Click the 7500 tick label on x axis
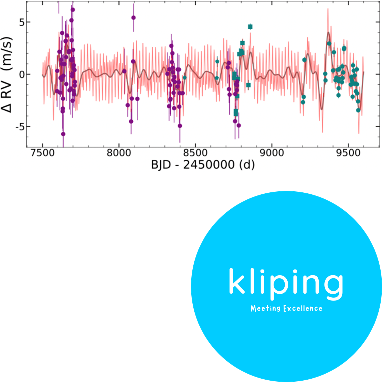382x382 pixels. pos(43,153)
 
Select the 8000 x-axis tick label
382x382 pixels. pos(119,153)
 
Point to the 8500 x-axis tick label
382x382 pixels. pos(195,153)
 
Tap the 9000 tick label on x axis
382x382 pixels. pos(272,153)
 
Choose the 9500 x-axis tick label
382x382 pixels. pos(348,153)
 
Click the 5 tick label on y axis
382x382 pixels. pos(22,22)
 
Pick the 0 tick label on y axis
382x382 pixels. pos(22,74)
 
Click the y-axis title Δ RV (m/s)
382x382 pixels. pos(7,74)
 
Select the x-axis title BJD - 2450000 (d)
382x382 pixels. pos(203,165)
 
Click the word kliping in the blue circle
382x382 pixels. pos(286,284)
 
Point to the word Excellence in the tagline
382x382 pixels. pos(303,309)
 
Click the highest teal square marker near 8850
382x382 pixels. pos(250,27)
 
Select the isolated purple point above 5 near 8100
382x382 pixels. pos(133,18)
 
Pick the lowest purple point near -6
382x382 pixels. pos(63,134)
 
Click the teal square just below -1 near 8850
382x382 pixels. pos(249,85)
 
